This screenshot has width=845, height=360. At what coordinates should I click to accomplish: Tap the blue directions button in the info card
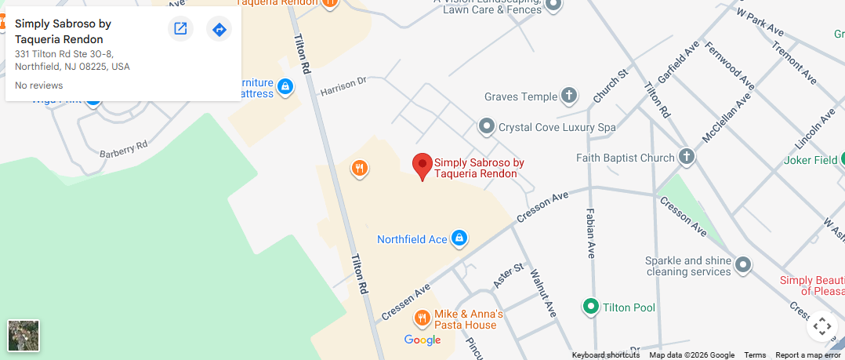click(x=219, y=29)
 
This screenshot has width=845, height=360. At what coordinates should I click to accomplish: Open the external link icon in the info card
click(x=180, y=29)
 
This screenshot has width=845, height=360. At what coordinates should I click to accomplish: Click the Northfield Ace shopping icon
click(x=459, y=238)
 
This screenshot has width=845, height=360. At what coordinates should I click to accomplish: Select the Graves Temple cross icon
click(x=570, y=96)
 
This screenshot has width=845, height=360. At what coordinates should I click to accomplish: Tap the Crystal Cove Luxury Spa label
click(x=557, y=127)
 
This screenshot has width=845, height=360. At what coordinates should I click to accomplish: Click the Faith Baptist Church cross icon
click(x=687, y=157)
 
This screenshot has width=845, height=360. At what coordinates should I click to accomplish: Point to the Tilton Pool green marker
click(x=591, y=307)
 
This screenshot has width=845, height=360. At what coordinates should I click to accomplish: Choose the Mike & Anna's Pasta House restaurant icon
click(x=422, y=318)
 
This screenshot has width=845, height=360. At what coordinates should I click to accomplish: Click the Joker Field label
click(x=811, y=161)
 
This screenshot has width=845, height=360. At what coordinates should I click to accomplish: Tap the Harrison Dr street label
click(x=343, y=86)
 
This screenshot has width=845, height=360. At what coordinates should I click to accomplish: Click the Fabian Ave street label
click(x=589, y=233)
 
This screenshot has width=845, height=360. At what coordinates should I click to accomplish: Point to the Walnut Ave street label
click(x=543, y=293)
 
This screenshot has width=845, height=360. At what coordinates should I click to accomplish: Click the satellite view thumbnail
click(x=24, y=336)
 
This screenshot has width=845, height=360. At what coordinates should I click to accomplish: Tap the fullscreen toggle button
click(x=821, y=325)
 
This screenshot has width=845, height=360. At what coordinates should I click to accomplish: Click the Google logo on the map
click(x=422, y=340)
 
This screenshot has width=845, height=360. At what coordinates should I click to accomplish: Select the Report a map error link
click(x=807, y=355)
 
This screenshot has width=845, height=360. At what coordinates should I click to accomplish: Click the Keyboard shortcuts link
click(x=605, y=355)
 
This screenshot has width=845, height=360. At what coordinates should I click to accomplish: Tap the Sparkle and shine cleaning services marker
click(x=742, y=265)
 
